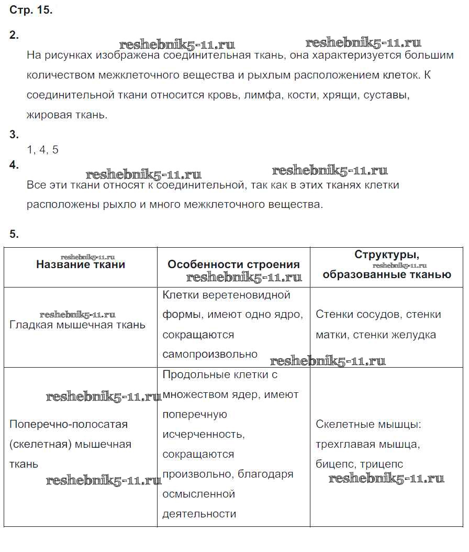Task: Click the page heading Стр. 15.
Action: (x=31, y=10)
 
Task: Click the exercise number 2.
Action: (x=14, y=35)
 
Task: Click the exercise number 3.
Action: (x=14, y=135)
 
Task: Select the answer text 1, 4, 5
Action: (x=42, y=150)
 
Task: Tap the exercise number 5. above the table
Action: (x=14, y=234)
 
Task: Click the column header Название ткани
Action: (x=81, y=264)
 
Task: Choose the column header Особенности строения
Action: (x=233, y=264)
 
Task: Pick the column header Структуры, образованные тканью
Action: (x=387, y=264)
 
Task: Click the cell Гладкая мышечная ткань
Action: (x=77, y=325)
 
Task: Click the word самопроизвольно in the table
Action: (x=210, y=354)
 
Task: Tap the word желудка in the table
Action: (x=415, y=335)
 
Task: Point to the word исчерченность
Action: (x=204, y=434)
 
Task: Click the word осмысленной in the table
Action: (x=198, y=494)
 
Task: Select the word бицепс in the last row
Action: (x=334, y=464)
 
